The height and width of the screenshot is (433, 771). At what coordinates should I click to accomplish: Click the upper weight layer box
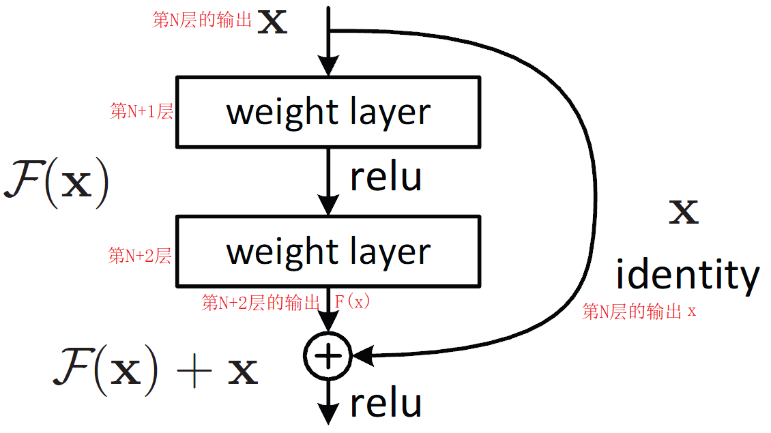[x=328, y=112]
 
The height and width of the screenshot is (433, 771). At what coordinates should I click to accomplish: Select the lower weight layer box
[x=328, y=251]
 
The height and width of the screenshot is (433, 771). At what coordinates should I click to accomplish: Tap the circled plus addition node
[x=328, y=356]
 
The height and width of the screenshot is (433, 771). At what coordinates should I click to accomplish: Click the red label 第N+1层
[x=141, y=112]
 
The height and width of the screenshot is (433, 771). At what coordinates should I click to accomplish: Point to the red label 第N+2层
[x=140, y=256]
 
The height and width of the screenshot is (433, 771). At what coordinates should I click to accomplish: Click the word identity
[x=687, y=275]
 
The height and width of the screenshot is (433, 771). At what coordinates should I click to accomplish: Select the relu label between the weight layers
[x=385, y=177]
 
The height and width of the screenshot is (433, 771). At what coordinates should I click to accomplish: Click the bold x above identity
[x=683, y=213]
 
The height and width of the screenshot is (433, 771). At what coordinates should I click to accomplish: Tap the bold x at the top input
[x=272, y=23]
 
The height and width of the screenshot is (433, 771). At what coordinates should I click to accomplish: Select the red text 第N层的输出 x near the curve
[x=639, y=312]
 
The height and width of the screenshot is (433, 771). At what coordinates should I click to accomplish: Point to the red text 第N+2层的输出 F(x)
[x=286, y=302]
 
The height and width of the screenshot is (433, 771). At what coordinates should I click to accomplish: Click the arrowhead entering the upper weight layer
[x=329, y=67]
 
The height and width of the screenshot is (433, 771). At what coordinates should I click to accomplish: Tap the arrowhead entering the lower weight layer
[x=329, y=206]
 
